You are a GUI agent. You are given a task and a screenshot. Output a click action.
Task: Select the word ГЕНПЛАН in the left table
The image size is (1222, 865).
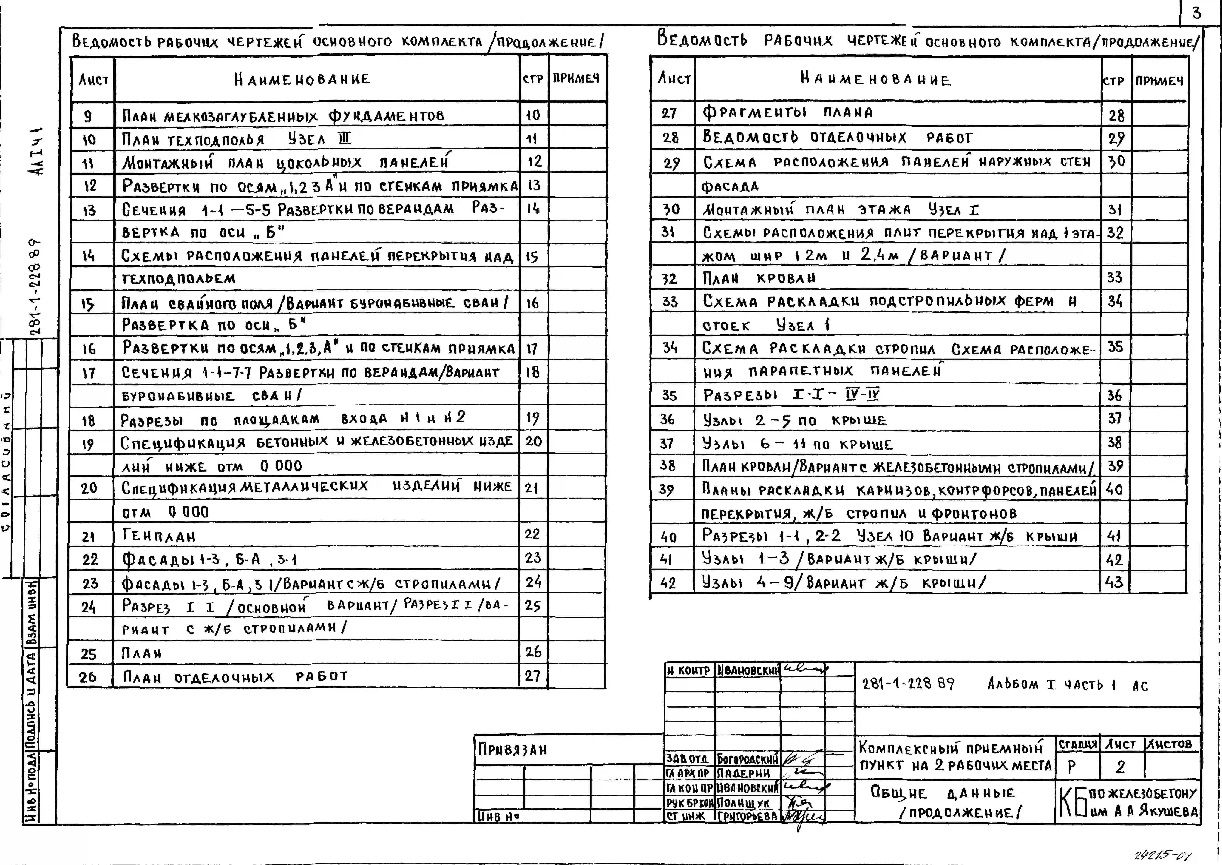pos(159,536)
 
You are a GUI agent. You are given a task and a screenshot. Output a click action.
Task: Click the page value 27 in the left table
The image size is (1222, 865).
pos(533,676)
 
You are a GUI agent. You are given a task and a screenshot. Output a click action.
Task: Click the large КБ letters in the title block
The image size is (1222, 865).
pos(1072,803)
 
